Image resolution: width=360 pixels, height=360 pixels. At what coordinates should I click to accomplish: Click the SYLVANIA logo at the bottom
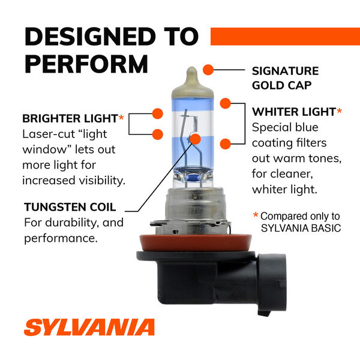[89, 328]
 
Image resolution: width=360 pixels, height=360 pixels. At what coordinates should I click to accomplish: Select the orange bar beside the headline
[285, 36]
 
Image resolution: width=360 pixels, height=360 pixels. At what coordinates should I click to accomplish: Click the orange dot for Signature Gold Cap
[208, 70]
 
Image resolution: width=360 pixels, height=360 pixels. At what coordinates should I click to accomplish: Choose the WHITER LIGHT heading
[293, 112]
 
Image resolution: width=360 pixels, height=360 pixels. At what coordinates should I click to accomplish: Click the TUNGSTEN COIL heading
[70, 208]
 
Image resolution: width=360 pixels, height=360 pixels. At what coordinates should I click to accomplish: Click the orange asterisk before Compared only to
[256, 215]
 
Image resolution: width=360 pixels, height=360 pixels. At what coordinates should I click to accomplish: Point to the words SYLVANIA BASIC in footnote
[300, 228]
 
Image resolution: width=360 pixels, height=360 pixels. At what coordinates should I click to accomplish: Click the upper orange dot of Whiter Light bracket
[226, 103]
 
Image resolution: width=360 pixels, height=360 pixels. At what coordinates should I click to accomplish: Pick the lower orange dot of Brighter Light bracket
[158, 133]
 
